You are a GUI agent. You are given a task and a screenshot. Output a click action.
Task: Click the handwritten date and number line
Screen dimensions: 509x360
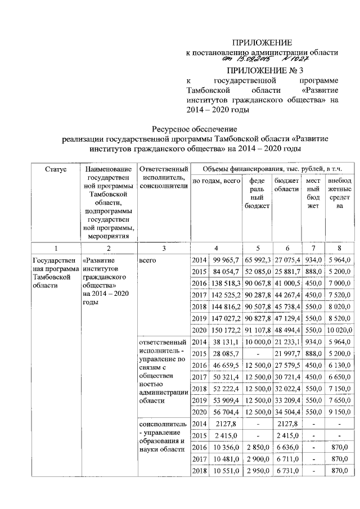(x=262, y=58)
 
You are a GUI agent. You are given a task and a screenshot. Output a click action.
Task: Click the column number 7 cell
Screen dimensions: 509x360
(x=313, y=247)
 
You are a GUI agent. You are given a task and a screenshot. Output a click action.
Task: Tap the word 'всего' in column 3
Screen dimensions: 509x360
(x=147, y=260)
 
